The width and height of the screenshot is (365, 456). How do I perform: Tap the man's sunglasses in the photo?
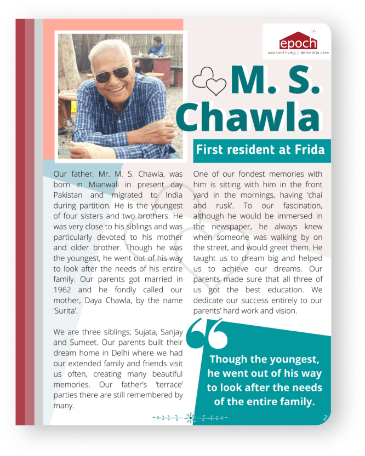[x=112, y=73]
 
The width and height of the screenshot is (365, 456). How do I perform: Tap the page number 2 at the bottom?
[x=325, y=418]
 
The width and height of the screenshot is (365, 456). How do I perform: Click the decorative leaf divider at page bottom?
[x=190, y=418]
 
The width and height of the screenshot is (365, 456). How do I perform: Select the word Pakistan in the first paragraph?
[x=71, y=195]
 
